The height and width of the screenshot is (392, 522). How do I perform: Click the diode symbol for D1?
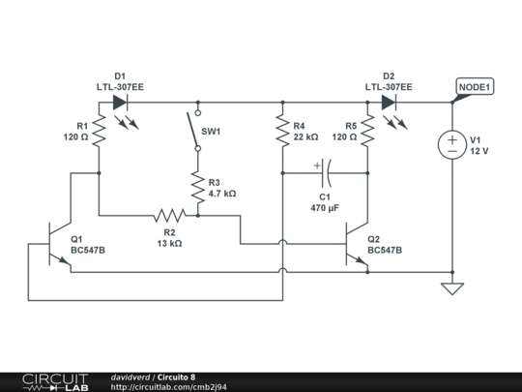coord(120,101)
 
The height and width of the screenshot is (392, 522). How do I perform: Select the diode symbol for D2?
coord(389,101)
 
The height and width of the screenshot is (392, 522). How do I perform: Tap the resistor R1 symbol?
coord(99,131)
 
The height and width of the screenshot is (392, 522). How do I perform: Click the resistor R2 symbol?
coord(169,216)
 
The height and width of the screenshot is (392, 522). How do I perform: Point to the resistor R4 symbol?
coord(282,131)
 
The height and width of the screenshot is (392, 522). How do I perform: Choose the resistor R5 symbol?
coord(368,131)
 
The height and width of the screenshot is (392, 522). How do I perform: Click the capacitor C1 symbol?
coord(324,174)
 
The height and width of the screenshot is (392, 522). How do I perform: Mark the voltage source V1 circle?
coord(451,145)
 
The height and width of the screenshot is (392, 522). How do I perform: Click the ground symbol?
coord(451,288)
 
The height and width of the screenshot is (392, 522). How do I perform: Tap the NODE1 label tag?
coord(474,86)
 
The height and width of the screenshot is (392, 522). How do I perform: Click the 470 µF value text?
coord(325,208)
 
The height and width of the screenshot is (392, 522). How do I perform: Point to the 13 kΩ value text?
coord(168,243)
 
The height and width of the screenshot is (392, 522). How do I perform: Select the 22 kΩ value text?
coord(305,137)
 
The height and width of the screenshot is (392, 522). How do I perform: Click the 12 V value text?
coord(479,151)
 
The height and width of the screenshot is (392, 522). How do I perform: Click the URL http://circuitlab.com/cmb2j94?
coord(169,387)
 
